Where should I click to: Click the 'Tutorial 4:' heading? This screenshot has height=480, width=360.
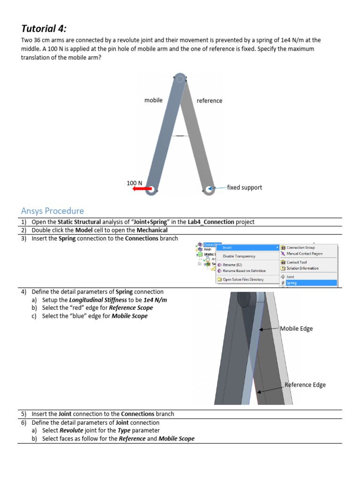tap(47, 28)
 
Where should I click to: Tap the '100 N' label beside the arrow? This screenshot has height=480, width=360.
tap(135, 183)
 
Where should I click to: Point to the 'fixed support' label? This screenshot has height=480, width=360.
tap(244, 187)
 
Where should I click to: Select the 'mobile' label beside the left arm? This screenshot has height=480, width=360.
tap(153, 100)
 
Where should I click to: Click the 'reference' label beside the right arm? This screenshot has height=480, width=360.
tap(210, 100)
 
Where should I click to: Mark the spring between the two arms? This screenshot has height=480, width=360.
tap(180, 136)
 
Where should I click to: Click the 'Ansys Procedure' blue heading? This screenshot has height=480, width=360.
tap(52, 211)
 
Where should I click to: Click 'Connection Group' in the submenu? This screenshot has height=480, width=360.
tap(300, 247)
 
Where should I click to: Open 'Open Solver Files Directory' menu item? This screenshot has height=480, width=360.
tap(243, 279)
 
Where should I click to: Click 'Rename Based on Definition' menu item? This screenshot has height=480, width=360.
tap(244, 271)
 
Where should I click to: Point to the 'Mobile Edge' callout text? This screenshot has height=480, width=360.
tap(296, 329)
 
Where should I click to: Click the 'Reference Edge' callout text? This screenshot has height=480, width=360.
tap(305, 385)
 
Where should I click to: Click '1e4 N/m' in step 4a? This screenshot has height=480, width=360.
tap(155, 300)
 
